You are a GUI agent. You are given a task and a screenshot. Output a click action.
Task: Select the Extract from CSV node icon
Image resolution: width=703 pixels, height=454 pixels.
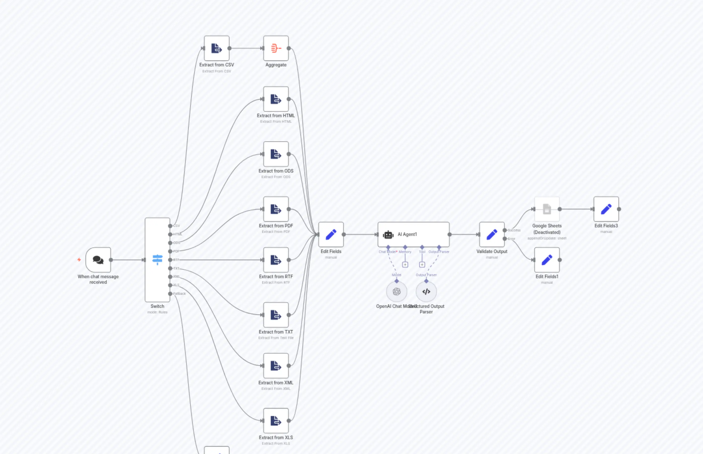216,48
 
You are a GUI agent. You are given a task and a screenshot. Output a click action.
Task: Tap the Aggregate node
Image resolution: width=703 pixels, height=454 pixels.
276,48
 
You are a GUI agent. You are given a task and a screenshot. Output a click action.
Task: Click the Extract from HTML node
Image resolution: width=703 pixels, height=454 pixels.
276,99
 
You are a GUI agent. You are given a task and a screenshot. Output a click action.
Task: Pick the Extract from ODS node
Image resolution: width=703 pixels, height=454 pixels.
276,154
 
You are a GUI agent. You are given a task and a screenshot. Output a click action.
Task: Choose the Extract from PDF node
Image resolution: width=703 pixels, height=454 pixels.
276,209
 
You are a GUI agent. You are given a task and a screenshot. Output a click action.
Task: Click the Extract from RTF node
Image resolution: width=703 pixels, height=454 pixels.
276,260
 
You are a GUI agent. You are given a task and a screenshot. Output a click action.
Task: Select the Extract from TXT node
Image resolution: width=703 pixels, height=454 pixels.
276,315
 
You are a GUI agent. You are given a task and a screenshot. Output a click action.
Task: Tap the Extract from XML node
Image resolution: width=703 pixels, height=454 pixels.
276,365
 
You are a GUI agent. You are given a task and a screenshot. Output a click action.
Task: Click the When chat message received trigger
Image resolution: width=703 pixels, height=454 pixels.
98,260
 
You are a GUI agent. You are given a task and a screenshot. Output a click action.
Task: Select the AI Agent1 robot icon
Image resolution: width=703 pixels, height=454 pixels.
388,235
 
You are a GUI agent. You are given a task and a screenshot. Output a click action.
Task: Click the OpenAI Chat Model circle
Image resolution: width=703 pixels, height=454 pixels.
397,292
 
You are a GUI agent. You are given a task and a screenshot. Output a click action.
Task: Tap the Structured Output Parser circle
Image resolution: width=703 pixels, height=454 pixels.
426,292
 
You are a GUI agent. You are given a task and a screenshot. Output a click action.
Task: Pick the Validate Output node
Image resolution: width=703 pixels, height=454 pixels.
492,235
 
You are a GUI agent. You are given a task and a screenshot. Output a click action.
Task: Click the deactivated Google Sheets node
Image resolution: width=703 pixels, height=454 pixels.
547,209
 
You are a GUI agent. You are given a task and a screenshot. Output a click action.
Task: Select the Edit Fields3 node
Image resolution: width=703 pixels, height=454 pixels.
606,209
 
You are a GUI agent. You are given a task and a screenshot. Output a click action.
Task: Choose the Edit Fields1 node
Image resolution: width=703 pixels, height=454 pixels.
547,260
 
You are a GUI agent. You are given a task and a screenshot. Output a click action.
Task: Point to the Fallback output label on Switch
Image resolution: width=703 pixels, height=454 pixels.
179,294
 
